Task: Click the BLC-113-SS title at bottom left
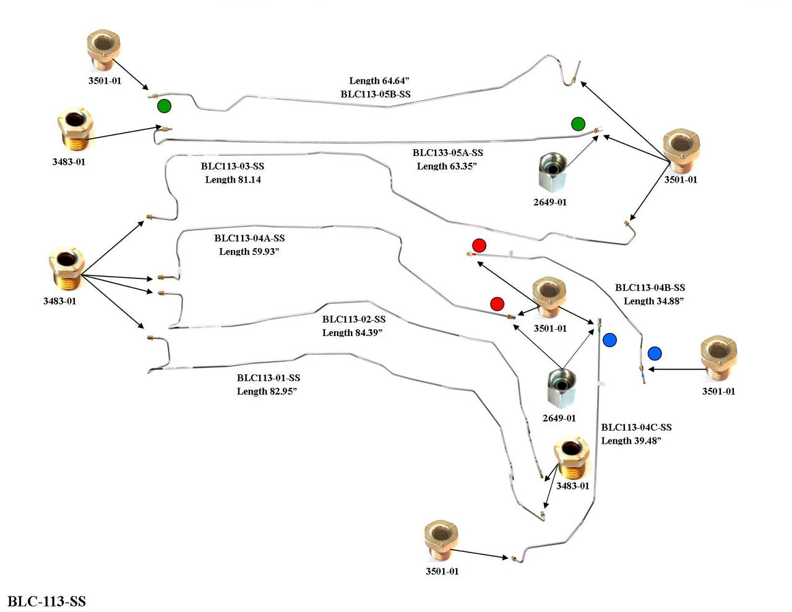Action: (x=46, y=601)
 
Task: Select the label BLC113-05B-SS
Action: (x=376, y=94)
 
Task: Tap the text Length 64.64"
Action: (x=379, y=80)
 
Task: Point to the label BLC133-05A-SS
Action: (x=448, y=153)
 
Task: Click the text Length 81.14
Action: (x=233, y=180)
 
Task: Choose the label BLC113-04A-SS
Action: (x=249, y=238)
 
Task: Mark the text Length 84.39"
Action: (x=353, y=333)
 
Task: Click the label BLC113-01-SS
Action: (x=269, y=378)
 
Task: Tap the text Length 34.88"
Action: (x=653, y=301)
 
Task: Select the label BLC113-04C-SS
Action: (x=636, y=428)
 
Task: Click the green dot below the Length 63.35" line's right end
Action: (x=578, y=124)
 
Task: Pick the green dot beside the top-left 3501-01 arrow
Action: (x=163, y=106)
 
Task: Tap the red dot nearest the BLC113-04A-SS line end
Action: (x=497, y=304)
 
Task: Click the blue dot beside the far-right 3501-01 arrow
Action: (x=655, y=353)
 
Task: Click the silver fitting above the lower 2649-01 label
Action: (x=561, y=387)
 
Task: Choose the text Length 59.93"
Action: (x=249, y=252)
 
